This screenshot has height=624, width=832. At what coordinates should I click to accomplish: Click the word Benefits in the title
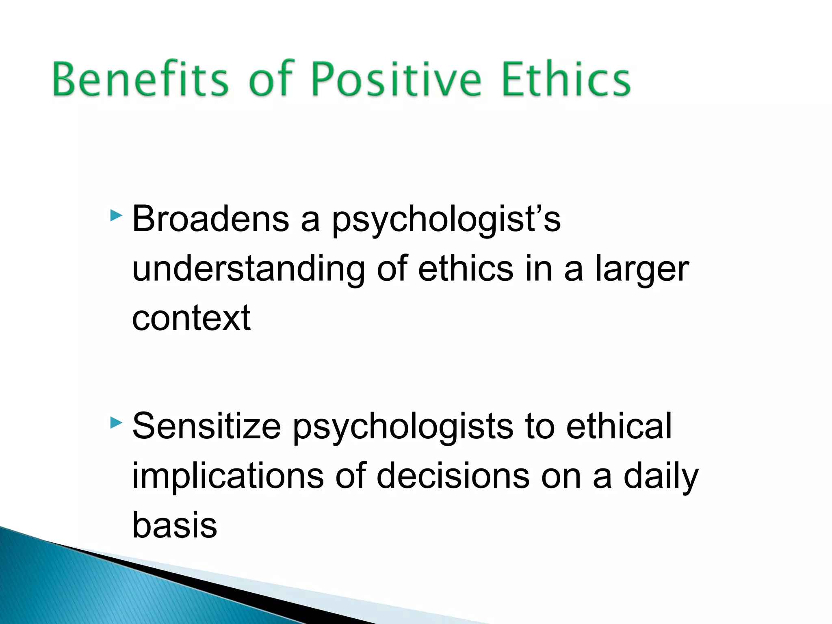tap(141, 79)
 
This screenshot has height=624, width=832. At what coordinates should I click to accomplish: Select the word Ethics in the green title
tap(566, 79)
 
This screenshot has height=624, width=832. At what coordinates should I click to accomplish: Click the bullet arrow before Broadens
tap(116, 215)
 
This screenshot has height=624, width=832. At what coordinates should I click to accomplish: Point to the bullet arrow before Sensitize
tap(116, 423)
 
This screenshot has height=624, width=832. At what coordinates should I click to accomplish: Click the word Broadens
tap(210, 219)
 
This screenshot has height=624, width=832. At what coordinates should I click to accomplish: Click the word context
tap(191, 318)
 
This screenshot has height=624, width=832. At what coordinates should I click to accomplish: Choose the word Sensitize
tap(206, 427)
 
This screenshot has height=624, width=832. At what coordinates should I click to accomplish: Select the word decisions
tap(453, 476)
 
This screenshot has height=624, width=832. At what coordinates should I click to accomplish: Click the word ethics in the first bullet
tap(466, 269)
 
